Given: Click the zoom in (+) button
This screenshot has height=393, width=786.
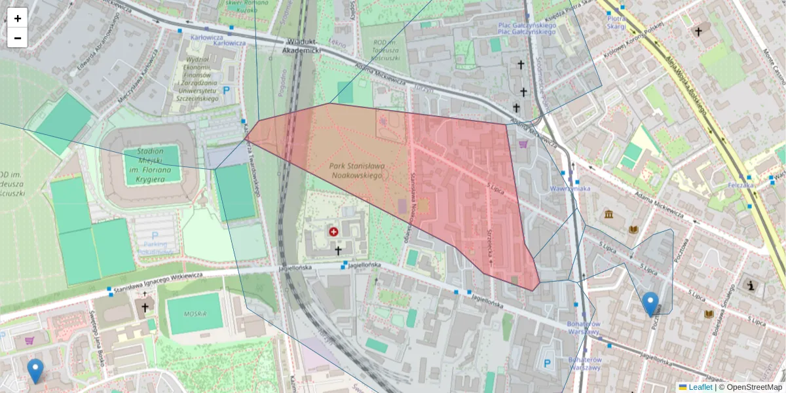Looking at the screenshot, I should coord(18,18).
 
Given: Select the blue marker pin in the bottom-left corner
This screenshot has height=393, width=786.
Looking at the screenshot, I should coord(35,371).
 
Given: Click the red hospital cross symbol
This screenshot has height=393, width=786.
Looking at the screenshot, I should coord(333,232).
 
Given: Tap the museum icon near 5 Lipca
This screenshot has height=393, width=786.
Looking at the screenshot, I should coord(610,215).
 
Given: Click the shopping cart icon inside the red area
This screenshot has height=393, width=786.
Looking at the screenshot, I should coord(523,143).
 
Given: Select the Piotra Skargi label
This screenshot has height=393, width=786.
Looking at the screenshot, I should coord(616,23).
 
